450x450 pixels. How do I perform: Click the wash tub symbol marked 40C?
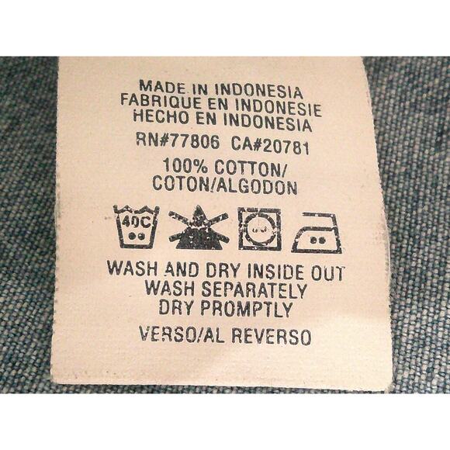coord(136,227)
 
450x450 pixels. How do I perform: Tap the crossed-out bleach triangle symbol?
coord(198,227)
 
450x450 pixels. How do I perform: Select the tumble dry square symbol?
coord(259,229)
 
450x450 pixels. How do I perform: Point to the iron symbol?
coord(317,233)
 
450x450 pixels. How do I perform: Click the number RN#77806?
coord(178,142)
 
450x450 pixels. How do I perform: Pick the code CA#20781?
coord(270,146)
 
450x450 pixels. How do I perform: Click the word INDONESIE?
coord(278,108)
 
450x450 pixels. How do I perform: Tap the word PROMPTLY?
coord(246,309)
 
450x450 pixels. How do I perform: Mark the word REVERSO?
coord(272,336)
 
